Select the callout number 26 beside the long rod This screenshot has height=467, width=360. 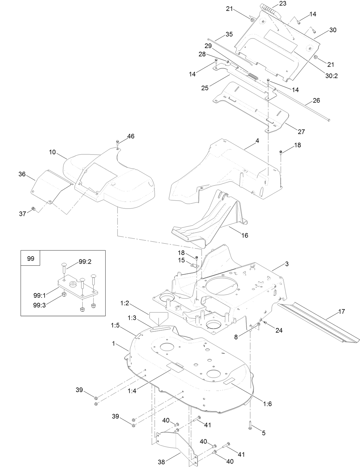(316, 101)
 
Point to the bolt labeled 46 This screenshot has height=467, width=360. (118, 142)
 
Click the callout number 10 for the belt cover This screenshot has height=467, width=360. (52, 152)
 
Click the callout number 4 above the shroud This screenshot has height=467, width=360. (257, 141)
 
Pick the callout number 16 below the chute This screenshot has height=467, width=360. (245, 235)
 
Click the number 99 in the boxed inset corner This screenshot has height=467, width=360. (30, 259)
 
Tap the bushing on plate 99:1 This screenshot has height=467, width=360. (73, 284)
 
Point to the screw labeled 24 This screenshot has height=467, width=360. (265, 322)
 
